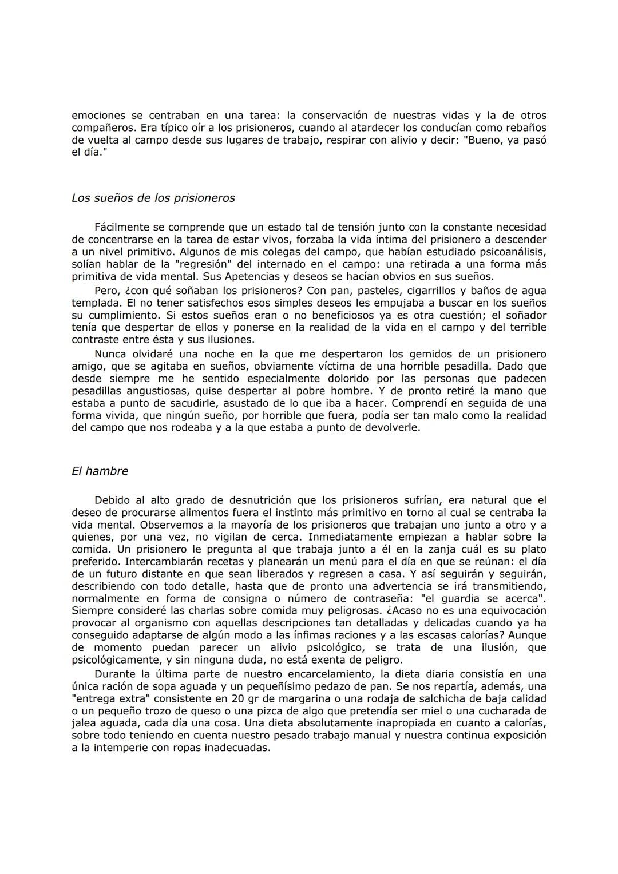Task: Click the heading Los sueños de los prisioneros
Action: [153, 198]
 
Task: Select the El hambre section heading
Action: [100, 471]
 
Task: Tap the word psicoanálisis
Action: [510, 252]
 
